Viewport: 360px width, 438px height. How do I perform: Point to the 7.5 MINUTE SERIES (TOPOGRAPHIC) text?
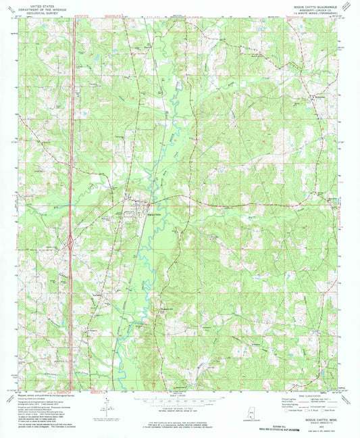[x=317, y=13]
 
